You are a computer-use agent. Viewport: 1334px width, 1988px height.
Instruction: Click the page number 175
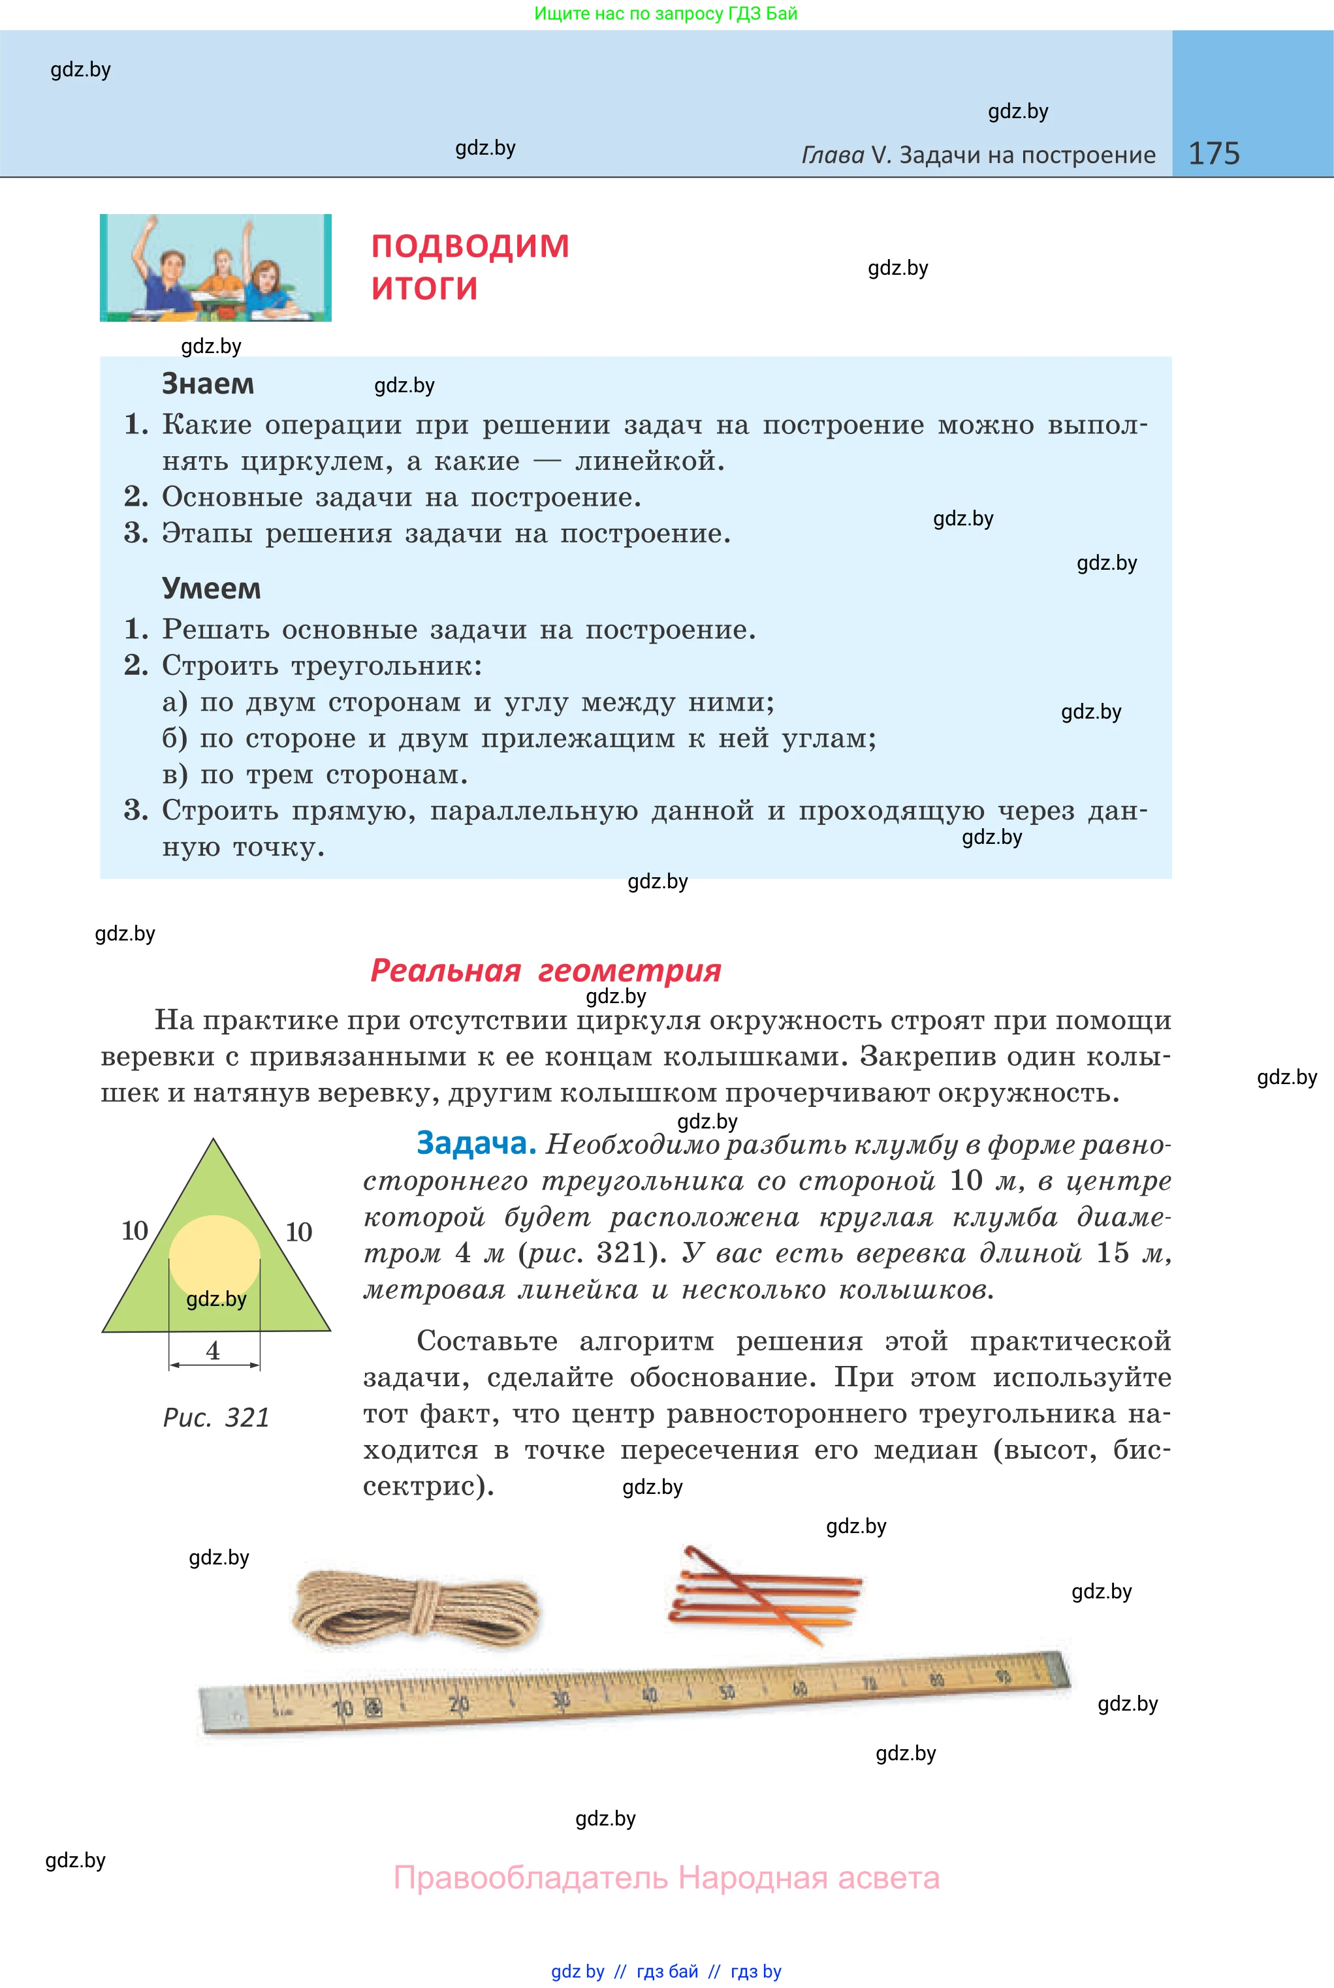point(1213,153)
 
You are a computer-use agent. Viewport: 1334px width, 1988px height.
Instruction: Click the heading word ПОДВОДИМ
point(469,246)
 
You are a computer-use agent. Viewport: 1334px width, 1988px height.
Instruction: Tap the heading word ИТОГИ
point(424,288)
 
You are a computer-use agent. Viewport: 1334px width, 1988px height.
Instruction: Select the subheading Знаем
point(208,384)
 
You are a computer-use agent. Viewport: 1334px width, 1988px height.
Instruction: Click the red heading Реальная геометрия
point(545,971)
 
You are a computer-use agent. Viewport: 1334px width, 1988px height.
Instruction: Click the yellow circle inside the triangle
point(214,1254)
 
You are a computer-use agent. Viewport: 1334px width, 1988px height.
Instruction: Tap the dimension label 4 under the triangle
point(213,1350)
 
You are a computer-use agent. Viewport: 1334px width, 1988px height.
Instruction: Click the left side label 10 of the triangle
point(135,1230)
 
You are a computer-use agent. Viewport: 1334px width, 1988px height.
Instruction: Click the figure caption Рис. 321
point(216,1418)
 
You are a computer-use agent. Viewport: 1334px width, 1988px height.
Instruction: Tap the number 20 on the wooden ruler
point(458,1704)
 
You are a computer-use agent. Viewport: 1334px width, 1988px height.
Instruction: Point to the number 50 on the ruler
point(727,1692)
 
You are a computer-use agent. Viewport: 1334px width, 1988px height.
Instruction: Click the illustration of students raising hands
point(215,268)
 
